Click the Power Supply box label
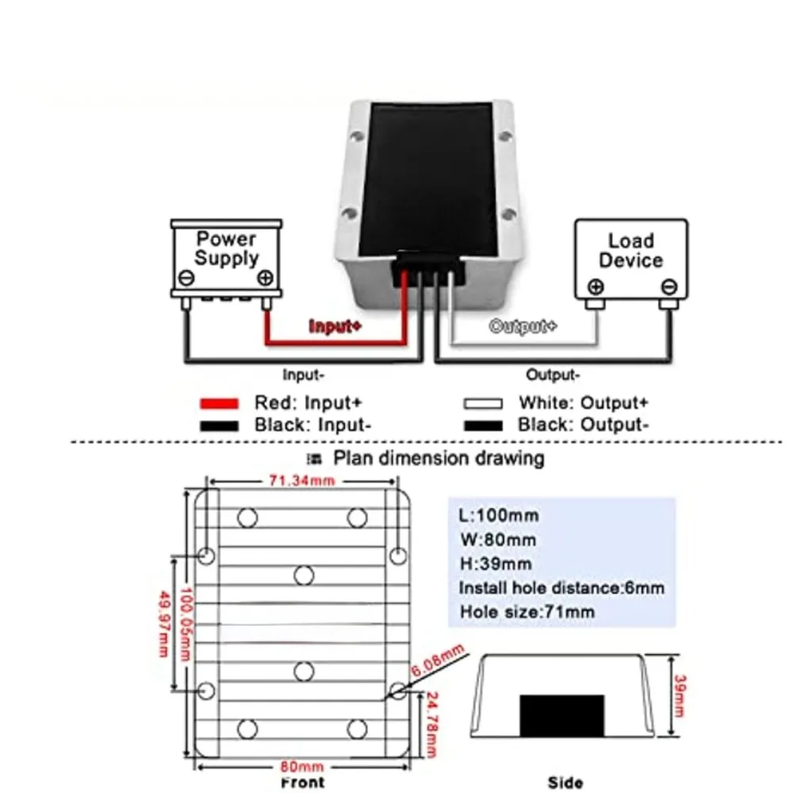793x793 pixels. point(227,248)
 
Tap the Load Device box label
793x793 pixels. point(631,251)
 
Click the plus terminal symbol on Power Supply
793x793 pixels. point(266,278)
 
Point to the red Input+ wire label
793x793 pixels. point(335,326)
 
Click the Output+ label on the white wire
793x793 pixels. point(523,326)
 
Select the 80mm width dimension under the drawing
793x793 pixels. point(302,767)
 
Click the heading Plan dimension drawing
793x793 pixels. point(438,458)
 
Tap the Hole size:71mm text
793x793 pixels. point(527,612)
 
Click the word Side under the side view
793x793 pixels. point(565,783)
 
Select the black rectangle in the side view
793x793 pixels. point(561,715)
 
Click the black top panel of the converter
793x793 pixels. point(428,174)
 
